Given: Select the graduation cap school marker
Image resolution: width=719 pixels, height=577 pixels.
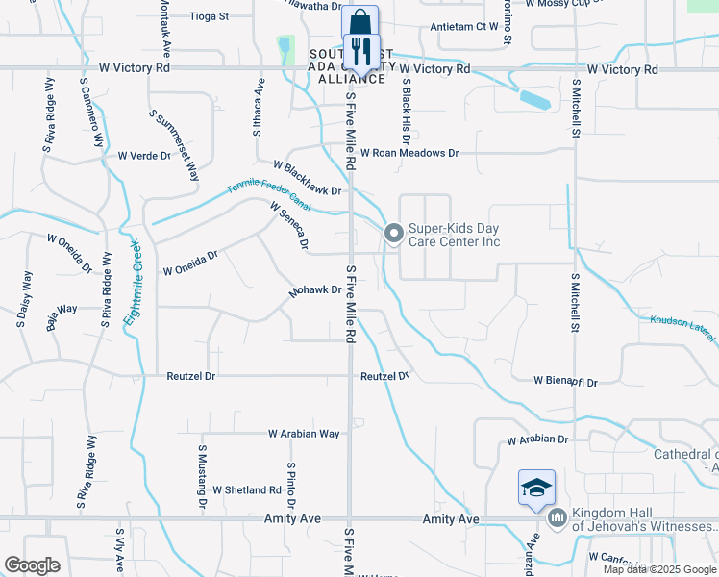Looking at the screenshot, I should (536, 488).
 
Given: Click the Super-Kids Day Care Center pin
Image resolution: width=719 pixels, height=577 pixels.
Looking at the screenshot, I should (393, 233).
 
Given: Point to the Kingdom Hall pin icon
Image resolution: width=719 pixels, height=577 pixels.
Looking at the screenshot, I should (558, 518).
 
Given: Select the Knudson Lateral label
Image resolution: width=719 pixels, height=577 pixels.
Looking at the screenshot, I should (682, 328).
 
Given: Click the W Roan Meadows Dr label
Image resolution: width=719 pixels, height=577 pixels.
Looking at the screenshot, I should (409, 153).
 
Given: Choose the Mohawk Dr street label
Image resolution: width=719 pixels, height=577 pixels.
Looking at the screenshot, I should (315, 289).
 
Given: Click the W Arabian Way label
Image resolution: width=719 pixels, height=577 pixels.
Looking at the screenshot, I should (303, 434).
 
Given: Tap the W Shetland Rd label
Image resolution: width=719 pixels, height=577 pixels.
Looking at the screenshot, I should (246, 490).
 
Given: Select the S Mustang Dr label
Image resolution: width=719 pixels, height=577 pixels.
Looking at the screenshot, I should (203, 475).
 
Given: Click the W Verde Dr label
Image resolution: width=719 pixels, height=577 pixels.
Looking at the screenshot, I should (143, 155).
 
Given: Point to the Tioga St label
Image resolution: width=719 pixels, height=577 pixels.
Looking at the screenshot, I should (210, 16).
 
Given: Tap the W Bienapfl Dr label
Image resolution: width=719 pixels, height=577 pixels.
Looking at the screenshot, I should (565, 382).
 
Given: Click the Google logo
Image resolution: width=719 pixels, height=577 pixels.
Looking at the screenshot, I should (32, 565).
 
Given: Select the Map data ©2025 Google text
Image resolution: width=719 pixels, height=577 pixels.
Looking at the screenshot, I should (658, 569).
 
